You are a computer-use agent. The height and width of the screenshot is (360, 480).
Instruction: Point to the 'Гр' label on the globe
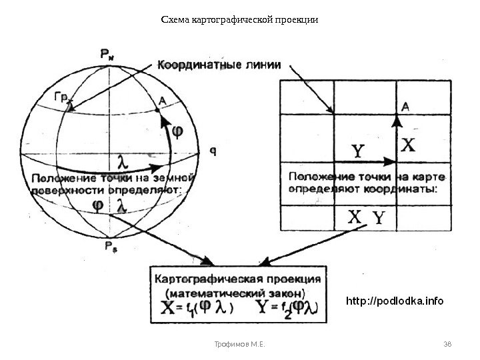point(61,97)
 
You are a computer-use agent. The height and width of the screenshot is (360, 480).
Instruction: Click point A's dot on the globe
point(157,110)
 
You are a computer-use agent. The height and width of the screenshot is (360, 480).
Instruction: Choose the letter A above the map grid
point(406,105)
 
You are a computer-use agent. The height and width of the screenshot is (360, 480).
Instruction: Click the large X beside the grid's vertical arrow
point(411,145)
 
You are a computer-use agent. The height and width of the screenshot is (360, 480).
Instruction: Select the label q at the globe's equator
point(213,150)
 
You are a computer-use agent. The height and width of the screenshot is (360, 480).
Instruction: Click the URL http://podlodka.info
point(394,301)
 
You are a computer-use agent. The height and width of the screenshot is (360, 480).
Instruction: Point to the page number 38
point(447,344)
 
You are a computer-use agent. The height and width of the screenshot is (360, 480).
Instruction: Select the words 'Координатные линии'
point(219,65)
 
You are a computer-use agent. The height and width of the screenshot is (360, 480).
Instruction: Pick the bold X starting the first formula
point(170,307)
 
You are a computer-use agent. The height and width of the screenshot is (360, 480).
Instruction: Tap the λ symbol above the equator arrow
point(122,161)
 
